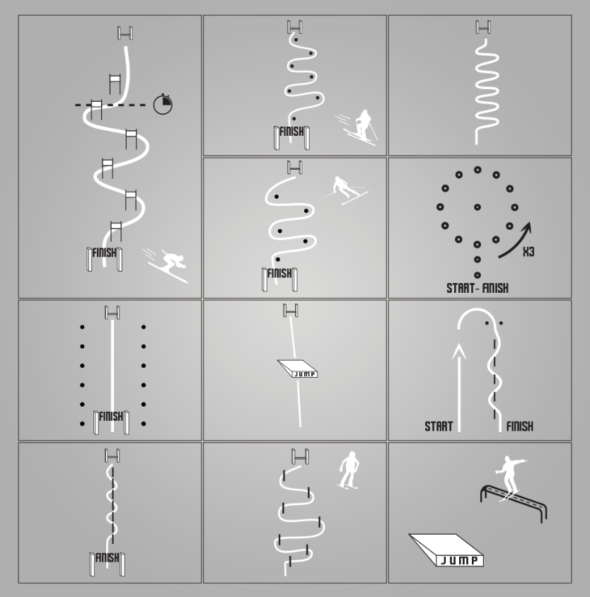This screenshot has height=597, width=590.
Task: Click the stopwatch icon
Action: tap(163, 104)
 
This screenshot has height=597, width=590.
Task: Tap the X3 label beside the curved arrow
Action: tap(528, 252)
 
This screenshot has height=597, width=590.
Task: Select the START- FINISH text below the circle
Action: tap(478, 288)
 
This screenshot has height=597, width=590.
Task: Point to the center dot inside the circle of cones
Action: tap(478, 207)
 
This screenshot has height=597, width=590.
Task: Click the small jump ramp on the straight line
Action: tap(297, 369)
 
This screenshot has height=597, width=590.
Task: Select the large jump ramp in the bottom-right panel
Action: tap(446, 550)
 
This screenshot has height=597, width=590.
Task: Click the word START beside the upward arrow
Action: tap(439, 427)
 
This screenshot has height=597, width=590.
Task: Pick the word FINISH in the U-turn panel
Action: tap(520, 427)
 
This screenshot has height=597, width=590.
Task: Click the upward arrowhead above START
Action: tap(459, 352)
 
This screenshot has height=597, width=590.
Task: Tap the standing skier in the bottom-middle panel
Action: tap(348, 470)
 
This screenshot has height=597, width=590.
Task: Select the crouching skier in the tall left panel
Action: tap(166, 265)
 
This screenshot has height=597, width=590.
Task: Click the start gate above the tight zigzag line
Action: tap(483, 27)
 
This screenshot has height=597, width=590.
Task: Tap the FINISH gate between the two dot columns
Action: tap(111, 422)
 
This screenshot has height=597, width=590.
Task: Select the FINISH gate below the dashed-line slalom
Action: tap(107, 564)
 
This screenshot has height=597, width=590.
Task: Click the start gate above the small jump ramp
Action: tap(291, 311)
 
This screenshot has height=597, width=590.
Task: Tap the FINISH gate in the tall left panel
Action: tap(105, 259)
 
